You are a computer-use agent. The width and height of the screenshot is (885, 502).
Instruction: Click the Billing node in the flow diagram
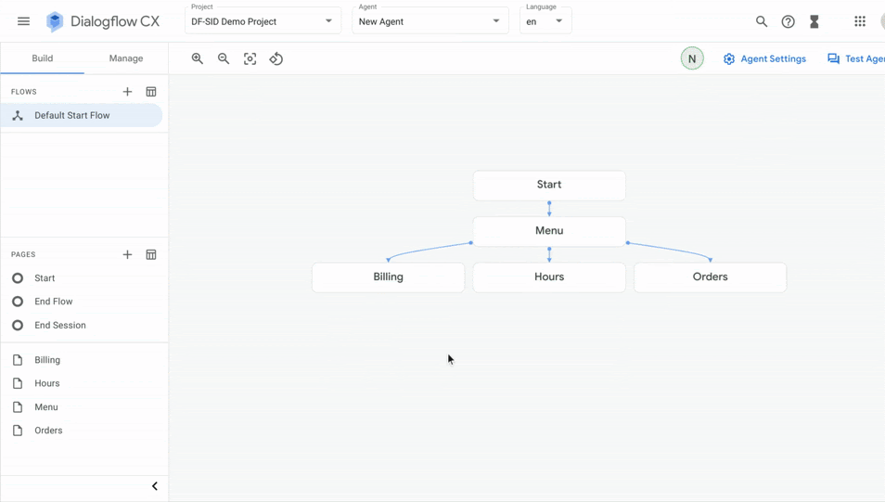click(x=389, y=277)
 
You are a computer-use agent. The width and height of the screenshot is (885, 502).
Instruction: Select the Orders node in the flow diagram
click(x=710, y=277)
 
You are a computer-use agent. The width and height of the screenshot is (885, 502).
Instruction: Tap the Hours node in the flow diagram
click(x=549, y=277)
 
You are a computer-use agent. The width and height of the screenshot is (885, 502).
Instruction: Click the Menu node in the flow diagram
click(x=549, y=230)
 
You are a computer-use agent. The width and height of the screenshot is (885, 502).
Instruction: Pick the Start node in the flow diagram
click(x=549, y=185)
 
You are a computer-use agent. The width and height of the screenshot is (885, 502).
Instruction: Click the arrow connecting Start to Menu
click(x=549, y=209)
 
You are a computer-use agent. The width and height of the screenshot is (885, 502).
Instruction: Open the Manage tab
click(x=126, y=58)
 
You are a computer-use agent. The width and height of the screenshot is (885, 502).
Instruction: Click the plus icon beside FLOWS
click(x=128, y=92)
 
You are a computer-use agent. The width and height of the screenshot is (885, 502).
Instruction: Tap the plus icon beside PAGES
click(x=128, y=254)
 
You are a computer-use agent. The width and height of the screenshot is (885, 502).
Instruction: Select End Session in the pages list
click(x=59, y=326)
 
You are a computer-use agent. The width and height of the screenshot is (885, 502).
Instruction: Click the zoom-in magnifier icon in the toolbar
click(x=197, y=58)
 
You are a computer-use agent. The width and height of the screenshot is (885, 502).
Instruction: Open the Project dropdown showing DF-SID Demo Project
click(x=263, y=21)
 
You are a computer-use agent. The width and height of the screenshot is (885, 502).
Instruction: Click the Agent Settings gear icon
click(x=729, y=58)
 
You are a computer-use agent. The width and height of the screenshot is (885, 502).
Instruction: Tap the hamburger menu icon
click(x=24, y=21)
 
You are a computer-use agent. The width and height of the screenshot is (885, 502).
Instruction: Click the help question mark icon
click(x=788, y=21)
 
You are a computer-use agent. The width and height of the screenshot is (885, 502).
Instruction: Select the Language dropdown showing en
click(x=545, y=21)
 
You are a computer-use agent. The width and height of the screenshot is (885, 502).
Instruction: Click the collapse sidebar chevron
click(x=155, y=486)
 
